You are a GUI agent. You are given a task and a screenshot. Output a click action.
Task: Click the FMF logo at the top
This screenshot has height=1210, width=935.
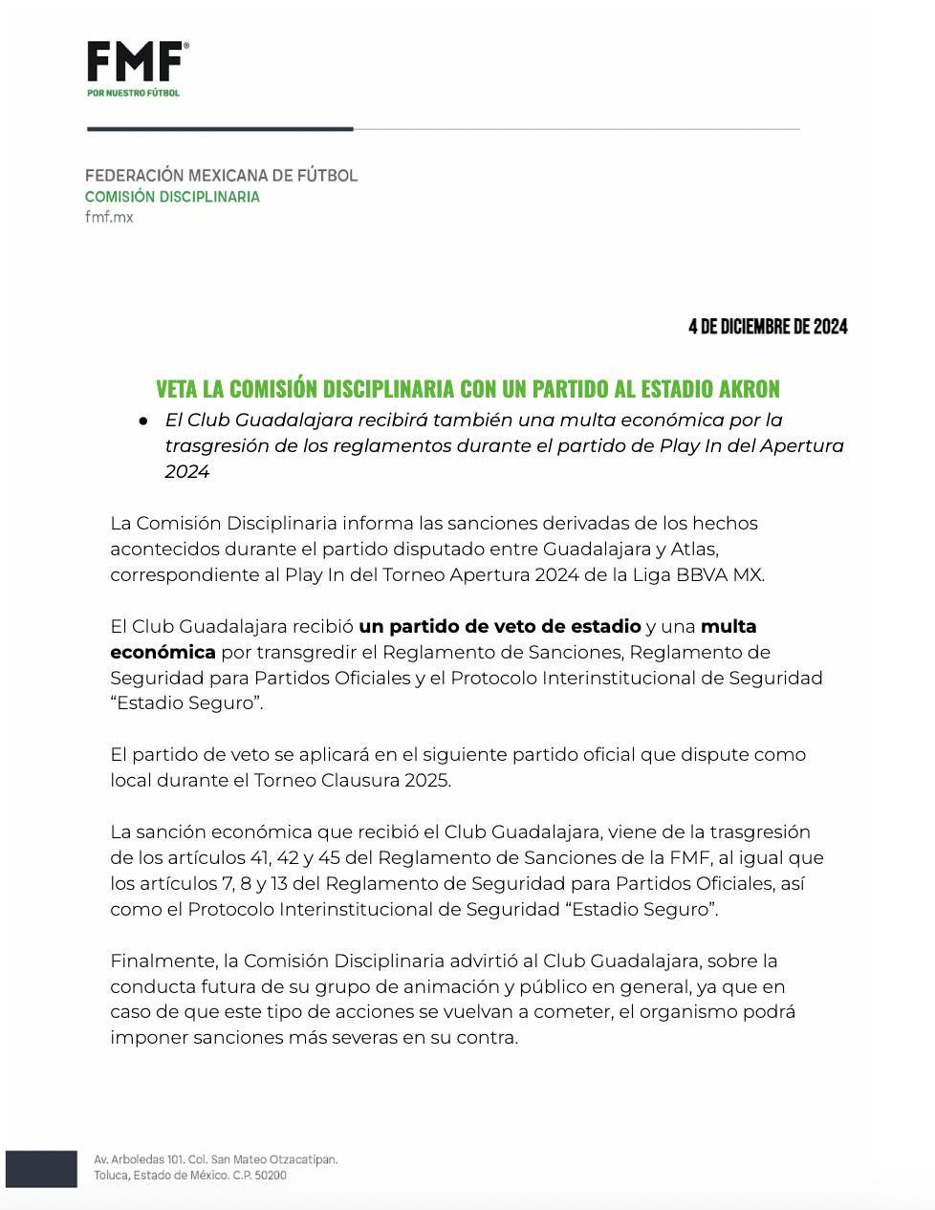pyautogui.click(x=137, y=62)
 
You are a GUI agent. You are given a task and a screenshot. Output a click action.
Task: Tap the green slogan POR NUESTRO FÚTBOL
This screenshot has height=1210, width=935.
pyautogui.click(x=133, y=93)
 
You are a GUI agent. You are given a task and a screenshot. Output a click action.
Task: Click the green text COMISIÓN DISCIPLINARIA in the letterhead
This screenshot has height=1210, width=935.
pyautogui.click(x=172, y=197)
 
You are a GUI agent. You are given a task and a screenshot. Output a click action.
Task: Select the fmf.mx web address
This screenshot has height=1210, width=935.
pyautogui.click(x=109, y=217)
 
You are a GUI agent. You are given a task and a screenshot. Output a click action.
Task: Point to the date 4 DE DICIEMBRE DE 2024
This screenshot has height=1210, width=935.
pyautogui.click(x=768, y=327)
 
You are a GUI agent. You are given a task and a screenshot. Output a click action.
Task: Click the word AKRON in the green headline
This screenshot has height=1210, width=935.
pyautogui.click(x=746, y=389)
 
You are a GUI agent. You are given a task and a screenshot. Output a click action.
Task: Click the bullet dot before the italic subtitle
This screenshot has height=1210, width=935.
pyautogui.click(x=142, y=421)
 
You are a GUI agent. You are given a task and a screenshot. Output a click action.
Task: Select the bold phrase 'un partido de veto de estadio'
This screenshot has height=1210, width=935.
pyautogui.click(x=499, y=627)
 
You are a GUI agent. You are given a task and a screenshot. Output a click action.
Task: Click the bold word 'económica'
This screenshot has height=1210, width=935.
pyautogui.click(x=163, y=653)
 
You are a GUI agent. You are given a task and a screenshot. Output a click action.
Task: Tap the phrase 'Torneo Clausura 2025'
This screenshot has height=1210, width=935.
pyautogui.click(x=359, y=780)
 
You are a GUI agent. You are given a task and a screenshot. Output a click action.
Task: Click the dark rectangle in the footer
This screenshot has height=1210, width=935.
pyautogui.click(x=41, y=1169)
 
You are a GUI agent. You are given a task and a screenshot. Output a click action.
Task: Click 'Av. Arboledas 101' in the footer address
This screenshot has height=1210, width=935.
pyautogui.click(x=141, y=1159)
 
